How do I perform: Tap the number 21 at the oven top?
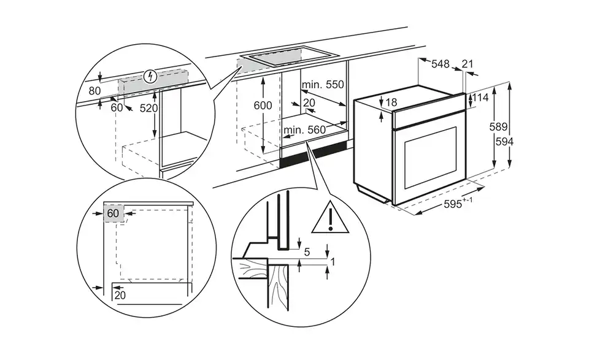coord(468,64)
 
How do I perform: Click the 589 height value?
coord(498,127)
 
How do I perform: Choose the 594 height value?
coord(504,141)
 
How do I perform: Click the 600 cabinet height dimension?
coord(263,105)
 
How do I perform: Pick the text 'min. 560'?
coord(304,130)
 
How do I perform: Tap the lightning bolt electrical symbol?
coord(148,77)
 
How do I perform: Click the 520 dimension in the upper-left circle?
coord(149,109)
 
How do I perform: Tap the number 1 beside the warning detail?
coord(332,262)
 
